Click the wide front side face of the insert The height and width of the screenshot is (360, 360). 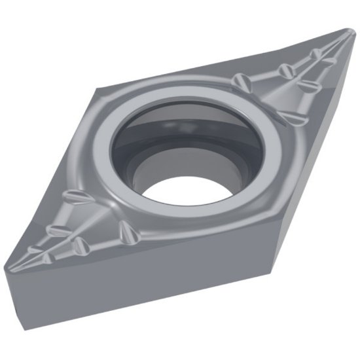coord(151,288)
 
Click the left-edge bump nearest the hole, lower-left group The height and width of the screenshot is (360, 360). coord(73,198)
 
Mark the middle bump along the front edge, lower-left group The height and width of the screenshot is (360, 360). coord(82,245)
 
